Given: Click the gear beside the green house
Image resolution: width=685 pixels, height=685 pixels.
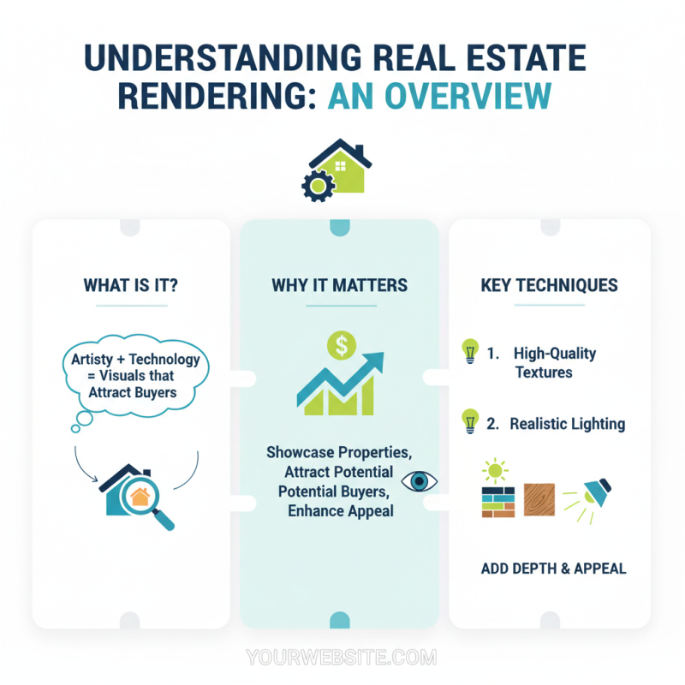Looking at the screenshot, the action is coord(318,186).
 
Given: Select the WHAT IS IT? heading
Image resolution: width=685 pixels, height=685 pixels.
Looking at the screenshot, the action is coord(131,285).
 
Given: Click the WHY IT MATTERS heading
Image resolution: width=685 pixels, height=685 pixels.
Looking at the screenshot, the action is coord(339,285).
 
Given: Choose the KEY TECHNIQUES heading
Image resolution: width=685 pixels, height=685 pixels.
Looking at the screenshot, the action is coord(549,285).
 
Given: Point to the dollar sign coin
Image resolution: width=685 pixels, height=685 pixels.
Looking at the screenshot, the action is coord(342,345).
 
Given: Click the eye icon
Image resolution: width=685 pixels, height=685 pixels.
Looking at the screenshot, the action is coord(419,481).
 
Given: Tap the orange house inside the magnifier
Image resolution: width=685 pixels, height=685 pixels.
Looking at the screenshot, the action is coord(140,497).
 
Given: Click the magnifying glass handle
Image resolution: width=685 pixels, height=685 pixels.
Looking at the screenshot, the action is coord(164,520).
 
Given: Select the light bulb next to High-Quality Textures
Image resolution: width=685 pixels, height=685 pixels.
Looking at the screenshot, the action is coord(470,351).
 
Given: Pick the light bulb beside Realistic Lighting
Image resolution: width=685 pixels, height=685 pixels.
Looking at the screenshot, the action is coord(470,421).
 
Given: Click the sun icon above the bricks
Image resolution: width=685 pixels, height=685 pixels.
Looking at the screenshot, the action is coord(495,471).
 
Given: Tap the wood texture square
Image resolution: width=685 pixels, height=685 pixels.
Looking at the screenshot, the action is coord(539,500).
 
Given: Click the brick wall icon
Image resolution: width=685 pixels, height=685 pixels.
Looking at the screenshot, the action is coord(498,503).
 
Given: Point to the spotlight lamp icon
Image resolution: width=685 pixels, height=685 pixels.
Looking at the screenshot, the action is coord(597,493).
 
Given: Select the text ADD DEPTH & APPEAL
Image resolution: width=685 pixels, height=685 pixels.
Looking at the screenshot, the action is coord(553,569).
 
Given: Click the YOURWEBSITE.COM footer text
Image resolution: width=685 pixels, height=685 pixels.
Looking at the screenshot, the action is coord(342,657).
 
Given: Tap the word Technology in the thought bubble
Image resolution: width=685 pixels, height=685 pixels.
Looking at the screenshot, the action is coord(164,360).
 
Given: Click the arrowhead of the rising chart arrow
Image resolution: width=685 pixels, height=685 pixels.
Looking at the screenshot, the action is coord(376,360).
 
